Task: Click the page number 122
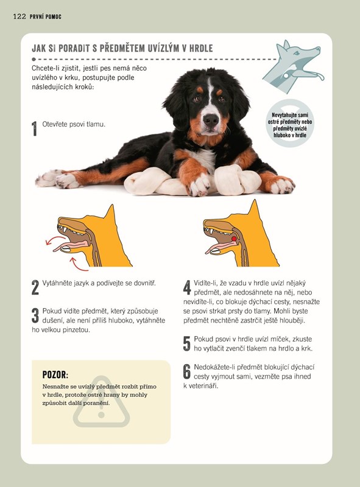(19, 16)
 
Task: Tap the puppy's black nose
(211, 120)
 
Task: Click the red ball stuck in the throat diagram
(234, 239)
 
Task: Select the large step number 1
(34, 128)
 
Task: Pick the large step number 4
(187, 287)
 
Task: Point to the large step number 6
(187, 371)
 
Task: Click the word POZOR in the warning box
(55, 374)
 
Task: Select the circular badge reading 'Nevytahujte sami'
(290, 124)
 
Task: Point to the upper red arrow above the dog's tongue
(55, 239)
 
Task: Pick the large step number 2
(35, 287)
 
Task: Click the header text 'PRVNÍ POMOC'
(46, 17)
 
